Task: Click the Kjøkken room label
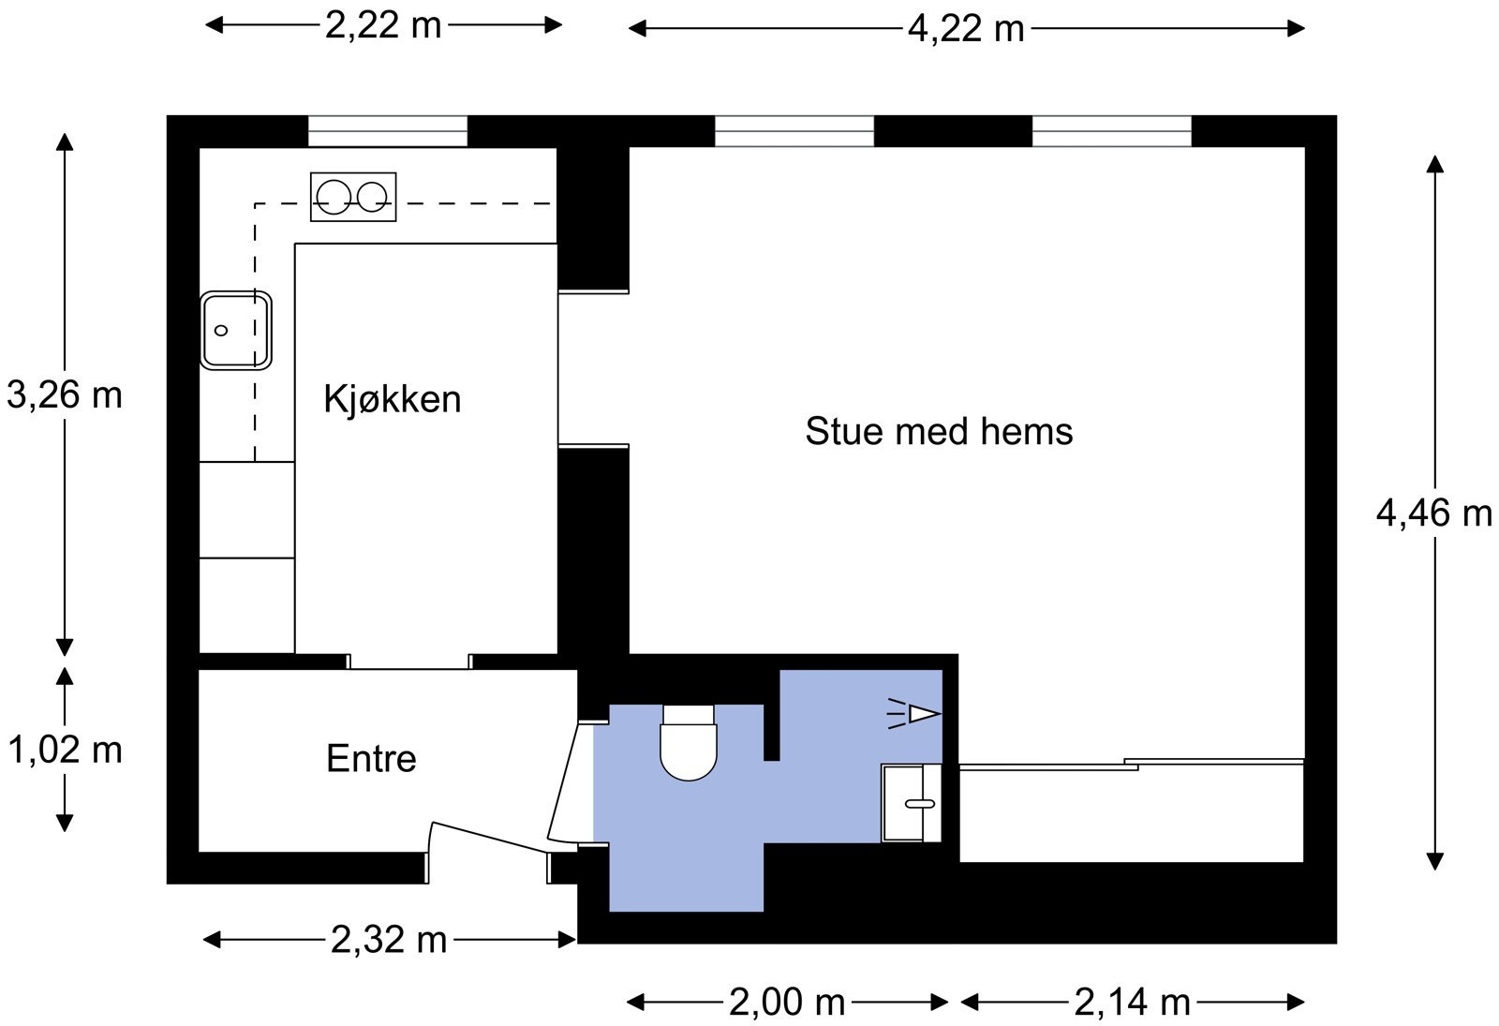pos(392,399)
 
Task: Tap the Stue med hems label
pos(939,431)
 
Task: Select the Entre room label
pos(371,758)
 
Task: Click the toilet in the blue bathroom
pos(689,744)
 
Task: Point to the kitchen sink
pos(235,330)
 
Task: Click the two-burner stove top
pos(353,197)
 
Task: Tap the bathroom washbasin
pos(911,803)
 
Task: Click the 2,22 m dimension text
pos(383,25)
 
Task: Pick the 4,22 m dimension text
pos(966,29)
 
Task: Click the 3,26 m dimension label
pos(65,395)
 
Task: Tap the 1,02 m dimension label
pos(65,750)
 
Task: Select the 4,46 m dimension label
pos(1433,513)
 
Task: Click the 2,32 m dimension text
pos(389,939)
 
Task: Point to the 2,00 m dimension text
pos(787,1003)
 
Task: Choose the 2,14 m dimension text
pos(1132,1003)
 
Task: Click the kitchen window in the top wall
pos(388,131)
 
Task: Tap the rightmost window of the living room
pos(1111,131)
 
